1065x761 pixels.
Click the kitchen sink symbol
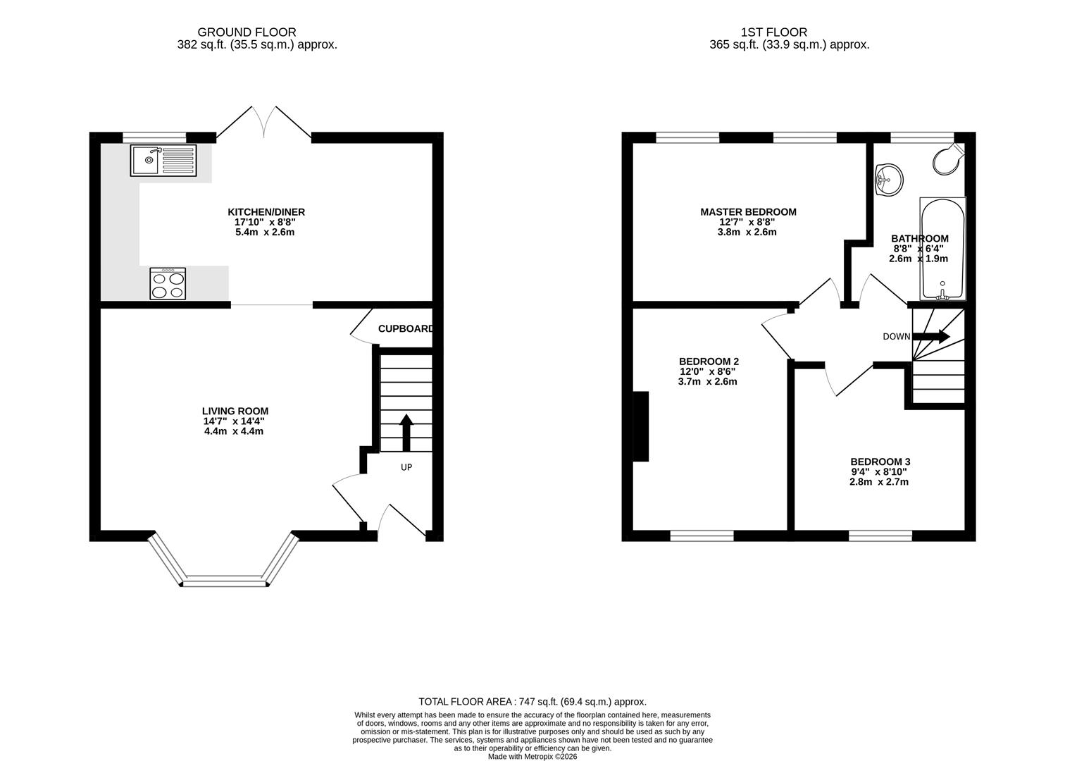click(163, 160)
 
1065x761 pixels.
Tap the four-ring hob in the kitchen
click(168, 284)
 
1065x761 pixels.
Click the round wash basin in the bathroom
click(889, 180)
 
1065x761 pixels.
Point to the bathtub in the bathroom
click(942, 248)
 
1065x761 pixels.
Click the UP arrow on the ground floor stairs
click(406, 432)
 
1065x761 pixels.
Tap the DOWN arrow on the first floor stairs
click(931, 337)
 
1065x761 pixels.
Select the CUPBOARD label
click(406, 329)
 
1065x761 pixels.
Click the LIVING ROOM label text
click(235, 412)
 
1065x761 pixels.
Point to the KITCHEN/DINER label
click(266, 212)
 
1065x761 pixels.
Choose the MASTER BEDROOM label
click(748, 212)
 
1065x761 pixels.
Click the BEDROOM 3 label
click(879, 462)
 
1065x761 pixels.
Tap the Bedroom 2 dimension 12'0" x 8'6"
click(709, 372)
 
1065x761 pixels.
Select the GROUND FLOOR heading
click(247, 32)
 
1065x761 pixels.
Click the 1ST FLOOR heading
click(773, 32)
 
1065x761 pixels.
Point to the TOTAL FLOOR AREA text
click(532, 702)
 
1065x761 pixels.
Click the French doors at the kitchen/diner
click(264, 123)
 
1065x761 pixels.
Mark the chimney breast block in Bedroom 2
click(640, 426)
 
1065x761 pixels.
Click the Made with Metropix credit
click(532, 757)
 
